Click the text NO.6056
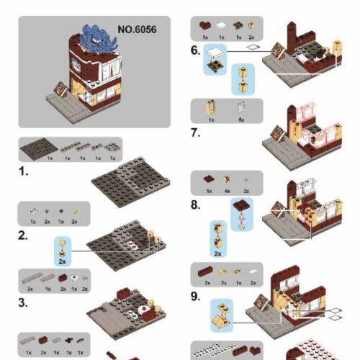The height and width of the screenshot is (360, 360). tap(137, 30)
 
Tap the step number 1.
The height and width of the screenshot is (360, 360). tap(24, 173)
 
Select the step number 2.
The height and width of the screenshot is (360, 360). tap(24, 235)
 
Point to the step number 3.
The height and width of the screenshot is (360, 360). tap(24, 302)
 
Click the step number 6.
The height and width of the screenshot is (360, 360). tap(196, 50)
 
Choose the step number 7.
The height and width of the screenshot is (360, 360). tap(196, 132)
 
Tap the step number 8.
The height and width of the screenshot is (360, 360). tap(196, 204)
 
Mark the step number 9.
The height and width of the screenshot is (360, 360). tap(196, 295)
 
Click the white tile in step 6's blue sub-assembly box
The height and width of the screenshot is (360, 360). tap(214, 51)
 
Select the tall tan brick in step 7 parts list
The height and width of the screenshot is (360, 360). tap(211, 107)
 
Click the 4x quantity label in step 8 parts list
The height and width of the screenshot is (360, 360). tap(227, 191)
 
